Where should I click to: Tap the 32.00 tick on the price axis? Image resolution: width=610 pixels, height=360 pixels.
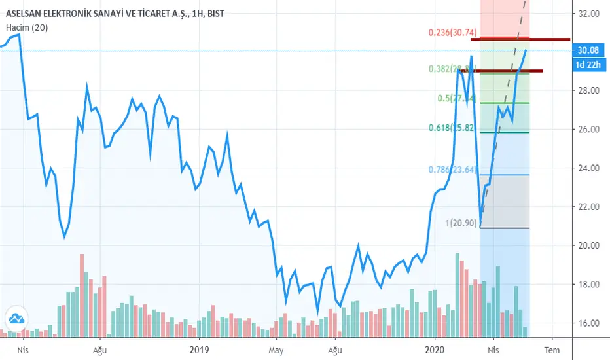tap(590, 13)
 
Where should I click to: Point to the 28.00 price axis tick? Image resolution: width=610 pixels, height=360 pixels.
tap(590, 90)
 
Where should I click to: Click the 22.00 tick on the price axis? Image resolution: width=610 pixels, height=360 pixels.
tap(590, 207)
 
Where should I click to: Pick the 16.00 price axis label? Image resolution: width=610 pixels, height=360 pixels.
tap(590, 323)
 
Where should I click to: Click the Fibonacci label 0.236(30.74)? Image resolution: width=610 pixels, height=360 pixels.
tap(452, 32)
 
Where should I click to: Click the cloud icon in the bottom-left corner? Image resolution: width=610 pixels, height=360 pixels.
tap(17, 319)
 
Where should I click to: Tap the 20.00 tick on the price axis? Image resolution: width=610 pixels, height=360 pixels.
tap(590, 245)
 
